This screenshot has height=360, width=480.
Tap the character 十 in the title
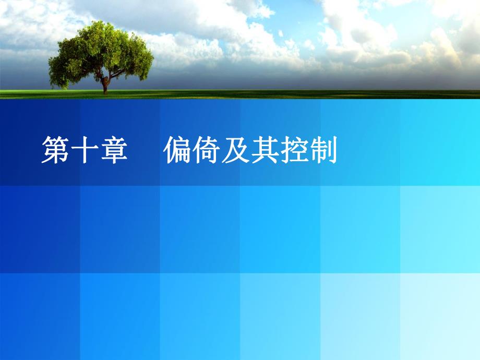click(x=85, y=151)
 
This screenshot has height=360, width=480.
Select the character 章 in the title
click(x=113, y=151)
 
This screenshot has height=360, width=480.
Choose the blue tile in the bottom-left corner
click(x=40, y=316)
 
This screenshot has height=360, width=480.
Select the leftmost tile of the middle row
click(x=40, y=229)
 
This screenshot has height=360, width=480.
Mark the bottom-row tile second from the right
click(x=360, y=316)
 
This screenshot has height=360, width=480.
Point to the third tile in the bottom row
click(x=200, y=316)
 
